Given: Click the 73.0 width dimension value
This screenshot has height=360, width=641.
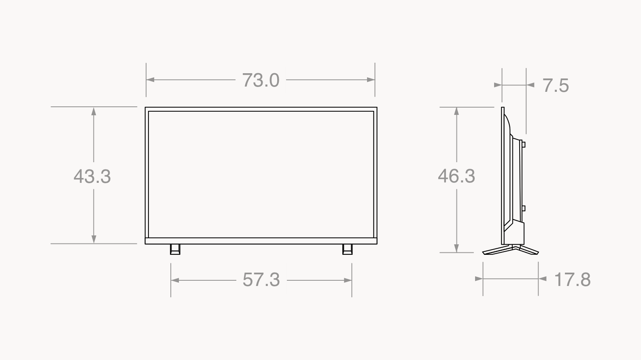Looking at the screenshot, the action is (x=261, y=80).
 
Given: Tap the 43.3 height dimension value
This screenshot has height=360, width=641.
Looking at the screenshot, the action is (x=92, y=176).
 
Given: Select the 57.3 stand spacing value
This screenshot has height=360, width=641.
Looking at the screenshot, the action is (x=261, y=280).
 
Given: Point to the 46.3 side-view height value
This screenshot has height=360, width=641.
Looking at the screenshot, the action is (x=456, y=176).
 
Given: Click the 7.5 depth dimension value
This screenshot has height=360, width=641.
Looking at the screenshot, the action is (x=556, y=85).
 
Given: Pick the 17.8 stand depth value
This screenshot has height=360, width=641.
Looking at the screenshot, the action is (x=572, y=280).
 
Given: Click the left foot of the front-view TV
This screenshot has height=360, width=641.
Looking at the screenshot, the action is (x=175, y=249).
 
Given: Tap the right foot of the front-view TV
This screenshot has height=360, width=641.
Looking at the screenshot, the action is (x=347, y=249).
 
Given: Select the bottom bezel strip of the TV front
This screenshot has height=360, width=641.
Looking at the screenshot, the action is (x=261, y=241).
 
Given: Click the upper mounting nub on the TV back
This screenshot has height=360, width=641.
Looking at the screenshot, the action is (x=523, y=144).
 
